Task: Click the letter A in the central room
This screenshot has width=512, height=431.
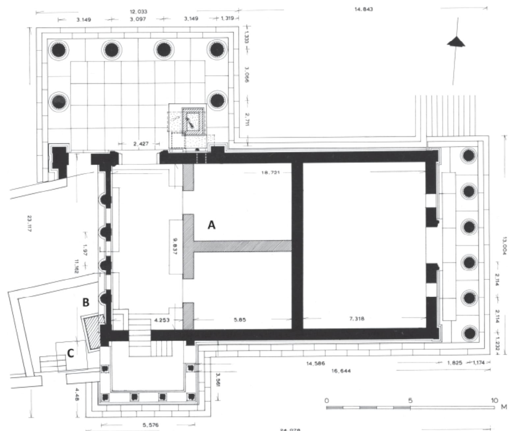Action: [211, 225]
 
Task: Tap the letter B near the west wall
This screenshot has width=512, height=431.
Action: [86, 302]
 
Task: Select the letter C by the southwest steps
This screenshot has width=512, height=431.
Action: [70, 353]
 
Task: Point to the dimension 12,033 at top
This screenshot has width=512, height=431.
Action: [139, 12]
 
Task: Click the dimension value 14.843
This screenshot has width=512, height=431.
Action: [364, 9]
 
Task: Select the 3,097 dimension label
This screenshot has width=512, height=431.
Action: [139, 19]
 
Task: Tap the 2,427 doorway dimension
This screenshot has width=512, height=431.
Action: [141, 144]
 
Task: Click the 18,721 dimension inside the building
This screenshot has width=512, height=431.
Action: [271, 172]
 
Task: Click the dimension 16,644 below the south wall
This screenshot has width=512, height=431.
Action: [341, 371]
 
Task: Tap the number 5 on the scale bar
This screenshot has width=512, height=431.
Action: [410, 401]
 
